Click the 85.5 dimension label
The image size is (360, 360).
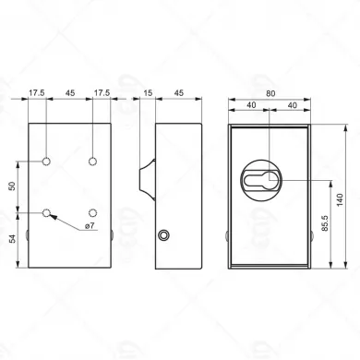325,223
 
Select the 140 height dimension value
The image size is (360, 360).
340,200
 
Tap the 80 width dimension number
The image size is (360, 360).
270,93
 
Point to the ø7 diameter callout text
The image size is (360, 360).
90,225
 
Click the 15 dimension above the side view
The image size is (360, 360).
148,92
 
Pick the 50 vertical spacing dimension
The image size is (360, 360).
12,186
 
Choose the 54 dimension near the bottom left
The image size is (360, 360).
12,238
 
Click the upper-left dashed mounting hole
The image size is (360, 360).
46,161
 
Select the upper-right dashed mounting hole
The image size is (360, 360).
92,161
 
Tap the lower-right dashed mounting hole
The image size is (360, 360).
92,212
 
